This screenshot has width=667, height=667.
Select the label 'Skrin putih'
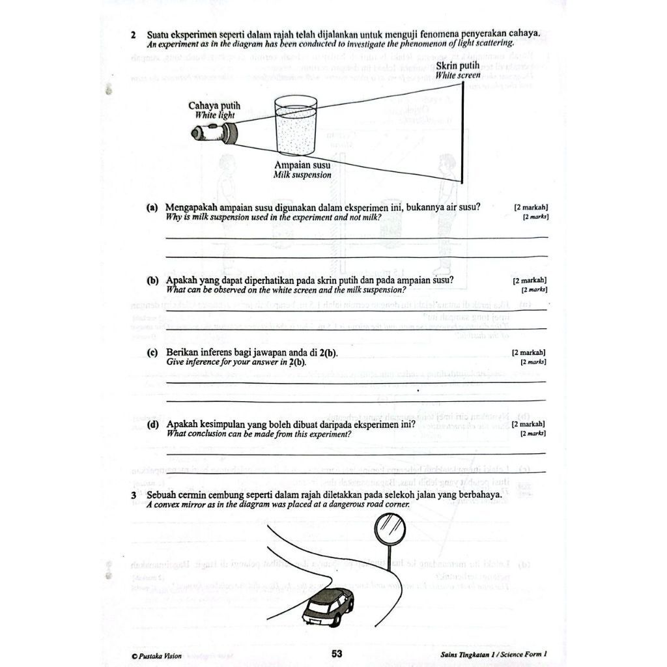pyautogui.click(x=458, y=66)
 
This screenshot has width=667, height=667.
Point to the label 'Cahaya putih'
pyautogui.click(x=214, y=106)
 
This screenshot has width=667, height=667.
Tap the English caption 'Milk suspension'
pyautogui.click(x=302, y=175)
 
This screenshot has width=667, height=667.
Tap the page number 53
pyautogui.click(x=337, y=654)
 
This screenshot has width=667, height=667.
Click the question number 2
pyautogui.click(x=133, y=35)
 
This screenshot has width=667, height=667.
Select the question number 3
pyautogui.click(x=134, y=496)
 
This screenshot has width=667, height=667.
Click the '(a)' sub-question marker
pyautogui.click(x=152, y=208)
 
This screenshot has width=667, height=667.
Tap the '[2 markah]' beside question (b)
pyautogui.click(x=530, y=281)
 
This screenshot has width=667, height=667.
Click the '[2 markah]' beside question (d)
pyautogui.click(x=530, y=425)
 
